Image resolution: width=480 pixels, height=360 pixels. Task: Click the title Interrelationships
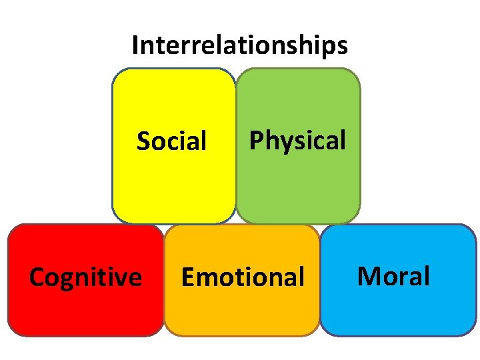[x=239, y=45]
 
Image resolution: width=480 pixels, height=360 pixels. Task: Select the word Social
[x=172, y=141]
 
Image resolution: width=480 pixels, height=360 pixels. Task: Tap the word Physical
[x=297, y=141]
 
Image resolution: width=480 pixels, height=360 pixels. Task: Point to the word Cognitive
[x=85, y=277]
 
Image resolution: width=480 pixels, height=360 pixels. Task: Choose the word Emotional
[x=243, y=277]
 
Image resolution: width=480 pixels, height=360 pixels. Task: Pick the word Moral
[x=394, y=275]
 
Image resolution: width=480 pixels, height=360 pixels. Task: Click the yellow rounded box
[x=173, y=187]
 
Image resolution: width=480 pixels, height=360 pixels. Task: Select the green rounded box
[x=298, y=187]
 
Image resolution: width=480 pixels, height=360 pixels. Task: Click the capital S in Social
[x=143, y=141]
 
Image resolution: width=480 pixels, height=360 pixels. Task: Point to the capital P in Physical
[x=255, y=141]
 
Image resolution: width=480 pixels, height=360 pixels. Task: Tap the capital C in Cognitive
[x=37, y=277]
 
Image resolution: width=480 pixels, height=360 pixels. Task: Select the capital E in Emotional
[x=188, y=277]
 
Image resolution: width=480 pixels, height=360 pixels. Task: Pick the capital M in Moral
[x=369, y=275]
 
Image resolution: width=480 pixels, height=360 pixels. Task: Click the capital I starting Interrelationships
[x=135, y=45]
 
